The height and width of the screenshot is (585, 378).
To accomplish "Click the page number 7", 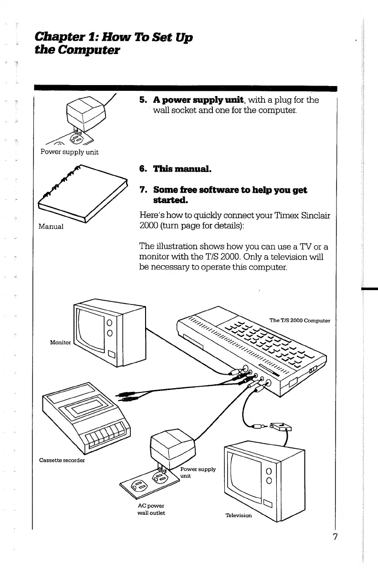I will point(335,536).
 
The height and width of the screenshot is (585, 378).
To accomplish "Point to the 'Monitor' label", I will point(60,343).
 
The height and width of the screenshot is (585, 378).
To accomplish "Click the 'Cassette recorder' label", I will point(62,460).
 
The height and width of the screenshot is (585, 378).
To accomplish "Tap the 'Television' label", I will point(239,515).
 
